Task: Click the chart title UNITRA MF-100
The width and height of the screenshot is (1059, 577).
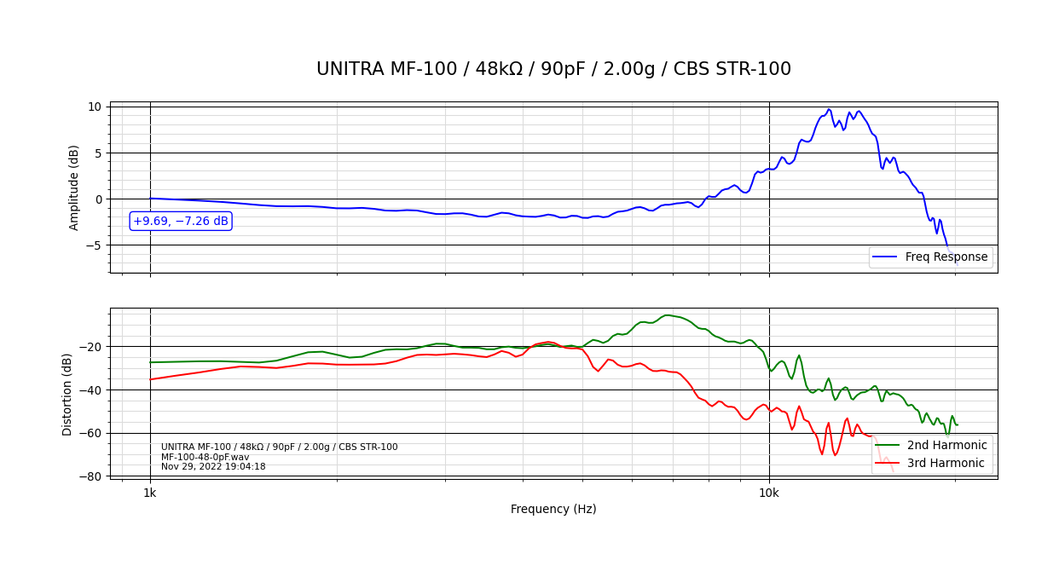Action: [553, 69]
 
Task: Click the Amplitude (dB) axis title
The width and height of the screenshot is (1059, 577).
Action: [74, 188]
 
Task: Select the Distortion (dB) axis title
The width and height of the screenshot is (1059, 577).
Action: [67, 394]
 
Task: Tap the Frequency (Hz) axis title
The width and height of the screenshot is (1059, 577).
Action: [553, 509]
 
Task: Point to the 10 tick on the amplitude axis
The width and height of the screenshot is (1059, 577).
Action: [94, 107]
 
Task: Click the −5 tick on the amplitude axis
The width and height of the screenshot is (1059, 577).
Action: [91, 245]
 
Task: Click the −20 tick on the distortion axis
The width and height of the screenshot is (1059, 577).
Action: [89, 347]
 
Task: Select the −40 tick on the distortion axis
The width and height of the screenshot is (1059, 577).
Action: [89, 390]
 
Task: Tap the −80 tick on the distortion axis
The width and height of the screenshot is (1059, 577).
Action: [89, 476]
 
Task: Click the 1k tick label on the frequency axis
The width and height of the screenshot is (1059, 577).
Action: [150, 493]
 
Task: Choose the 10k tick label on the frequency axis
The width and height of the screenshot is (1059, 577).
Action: [769, 493]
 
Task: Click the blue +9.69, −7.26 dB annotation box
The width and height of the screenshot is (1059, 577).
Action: [181, 221]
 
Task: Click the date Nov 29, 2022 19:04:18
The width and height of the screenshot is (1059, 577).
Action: [213, 467]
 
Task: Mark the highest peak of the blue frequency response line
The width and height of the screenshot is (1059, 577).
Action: [828, 109]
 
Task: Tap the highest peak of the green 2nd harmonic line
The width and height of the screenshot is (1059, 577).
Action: [668, 315]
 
